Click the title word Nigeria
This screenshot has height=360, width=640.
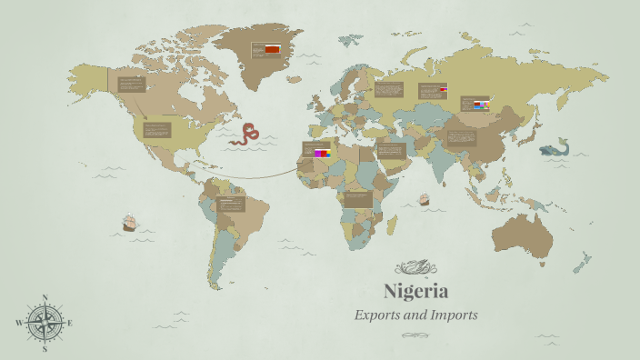(415, 292)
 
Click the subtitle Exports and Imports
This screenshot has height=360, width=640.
(415, 315)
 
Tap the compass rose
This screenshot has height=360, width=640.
(45, 322)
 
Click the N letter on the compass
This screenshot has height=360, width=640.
(45, 297)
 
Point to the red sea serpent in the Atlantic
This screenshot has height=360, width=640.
(245, 135)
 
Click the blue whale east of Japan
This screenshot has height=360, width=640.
(554, 148)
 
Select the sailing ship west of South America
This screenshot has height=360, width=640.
(128, 223)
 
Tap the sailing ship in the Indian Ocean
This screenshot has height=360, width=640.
(424, 199)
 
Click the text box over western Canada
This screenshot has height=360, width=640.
(132, 84)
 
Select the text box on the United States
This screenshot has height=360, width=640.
(156, 129)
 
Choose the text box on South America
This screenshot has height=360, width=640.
(231, 204)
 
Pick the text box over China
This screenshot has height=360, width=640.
(461, 137)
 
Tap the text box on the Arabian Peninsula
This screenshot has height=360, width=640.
(390, 150)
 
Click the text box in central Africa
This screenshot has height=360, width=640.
(358, 197)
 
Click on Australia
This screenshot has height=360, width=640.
(523, 234)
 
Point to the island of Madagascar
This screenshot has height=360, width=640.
(400, 233)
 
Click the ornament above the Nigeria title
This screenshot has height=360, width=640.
(415, 267)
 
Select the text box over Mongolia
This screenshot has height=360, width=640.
(475, 105)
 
